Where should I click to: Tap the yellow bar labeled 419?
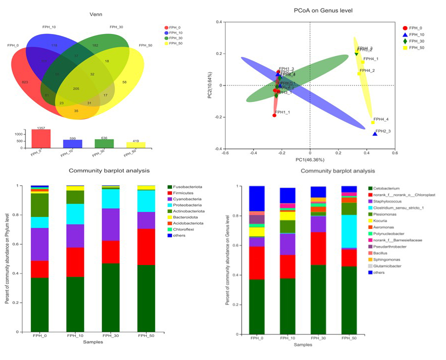(135, 144)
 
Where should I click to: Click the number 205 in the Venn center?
(76, 88)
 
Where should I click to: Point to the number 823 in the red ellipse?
(26, 81)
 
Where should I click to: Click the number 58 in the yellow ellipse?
(124, 81)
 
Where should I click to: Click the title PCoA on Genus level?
(310, 10)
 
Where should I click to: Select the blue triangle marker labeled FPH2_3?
(375, 133)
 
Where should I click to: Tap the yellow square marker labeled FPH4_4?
(373, 122)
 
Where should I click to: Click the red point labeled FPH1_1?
(274, 115)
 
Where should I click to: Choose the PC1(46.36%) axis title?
(310, 159)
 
